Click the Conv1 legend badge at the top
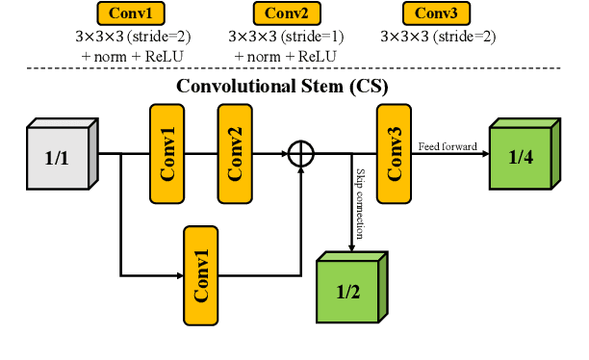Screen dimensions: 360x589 pyautogui.click(x=134, y=13)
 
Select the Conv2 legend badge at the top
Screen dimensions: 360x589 pyautogui.click(x=286, y=13)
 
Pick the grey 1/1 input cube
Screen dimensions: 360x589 pyautogui.click(x=60, y=154)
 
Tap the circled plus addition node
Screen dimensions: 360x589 pyautogui.click(x=301, y=152)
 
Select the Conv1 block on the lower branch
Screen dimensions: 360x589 pyautogui.click(x=201, y=274)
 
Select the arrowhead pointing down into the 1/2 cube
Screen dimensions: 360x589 pyautogui.click(x=350, y=248)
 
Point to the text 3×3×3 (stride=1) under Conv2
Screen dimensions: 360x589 pyautogui.click(x=286, y=37)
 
